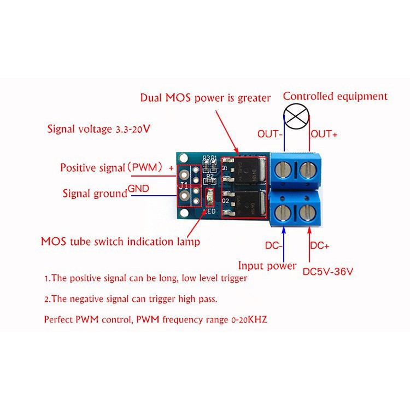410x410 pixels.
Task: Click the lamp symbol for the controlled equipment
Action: pyautogui.click(x=296, y=118)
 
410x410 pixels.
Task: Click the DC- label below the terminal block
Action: pyautogui.click(x=274, y=246)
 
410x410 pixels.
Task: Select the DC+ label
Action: pyautogui.click(x=320, y=246)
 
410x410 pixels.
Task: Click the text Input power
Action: pyautogui.click(x=267, y=266)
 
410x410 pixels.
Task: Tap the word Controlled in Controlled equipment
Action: pyautogui.click(x=308, y=96)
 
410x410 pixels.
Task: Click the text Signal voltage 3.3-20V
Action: pyautogui.click(x=98, y=130)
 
